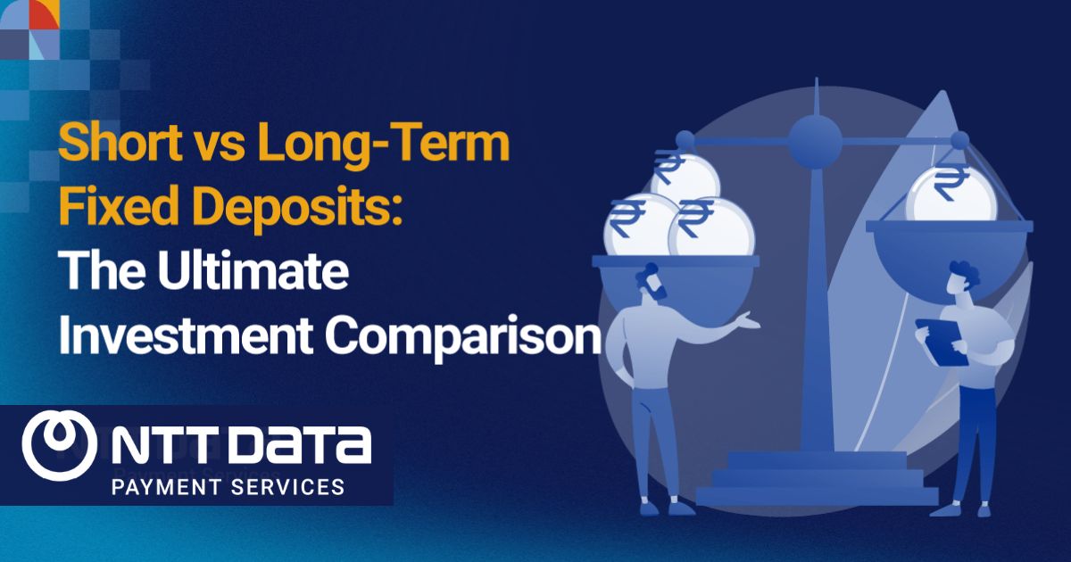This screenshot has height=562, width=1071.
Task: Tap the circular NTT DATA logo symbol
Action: tap(61, 444)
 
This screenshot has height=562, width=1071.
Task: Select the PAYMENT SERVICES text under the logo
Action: tap(227, 487)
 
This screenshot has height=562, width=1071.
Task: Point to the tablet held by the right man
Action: tap(937, 334)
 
